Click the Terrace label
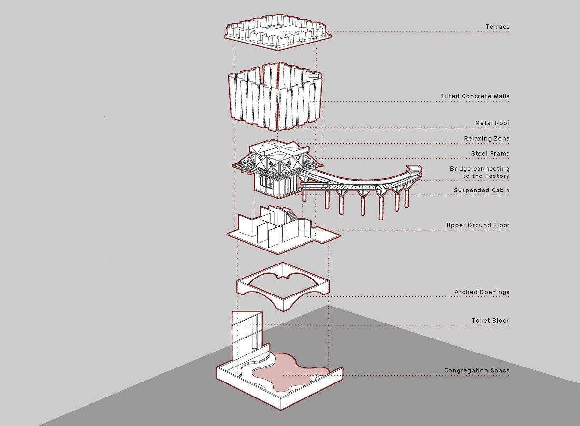(x=497, y=27)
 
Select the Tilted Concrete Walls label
(x=475, y=96)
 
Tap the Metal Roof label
(x=492, y=123)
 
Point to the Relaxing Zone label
(x=487, y=139)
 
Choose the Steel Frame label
(x=490, y=154)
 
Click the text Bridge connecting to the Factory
(x=479, y=172)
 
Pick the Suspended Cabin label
(x=481, y=191)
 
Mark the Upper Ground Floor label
(x=478, y=225)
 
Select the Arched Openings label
(x=482, y=292)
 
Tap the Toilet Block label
(x=490, y=321)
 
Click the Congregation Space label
(x=477, y=371)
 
